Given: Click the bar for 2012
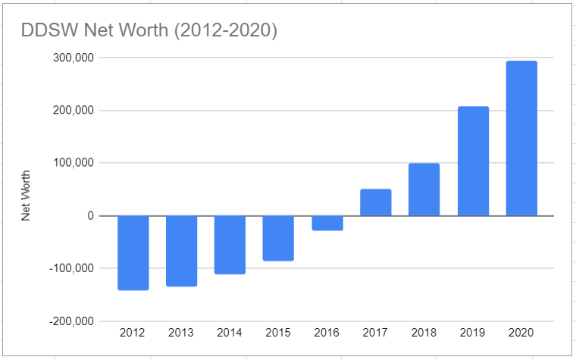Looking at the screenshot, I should [133, 252].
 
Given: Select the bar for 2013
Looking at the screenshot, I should [182, 251].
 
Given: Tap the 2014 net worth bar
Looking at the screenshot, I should [230, 244].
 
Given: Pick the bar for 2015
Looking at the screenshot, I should [279, 238].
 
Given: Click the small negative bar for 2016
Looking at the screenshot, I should [327, 223].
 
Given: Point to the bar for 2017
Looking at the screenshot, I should [376, 202].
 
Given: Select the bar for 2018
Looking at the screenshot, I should [424, 189].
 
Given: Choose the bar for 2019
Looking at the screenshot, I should [473, 161].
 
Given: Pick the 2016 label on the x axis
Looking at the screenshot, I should [327, 333].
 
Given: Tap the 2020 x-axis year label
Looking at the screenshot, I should [521, 333].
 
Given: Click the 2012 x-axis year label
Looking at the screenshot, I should [133, 333].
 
